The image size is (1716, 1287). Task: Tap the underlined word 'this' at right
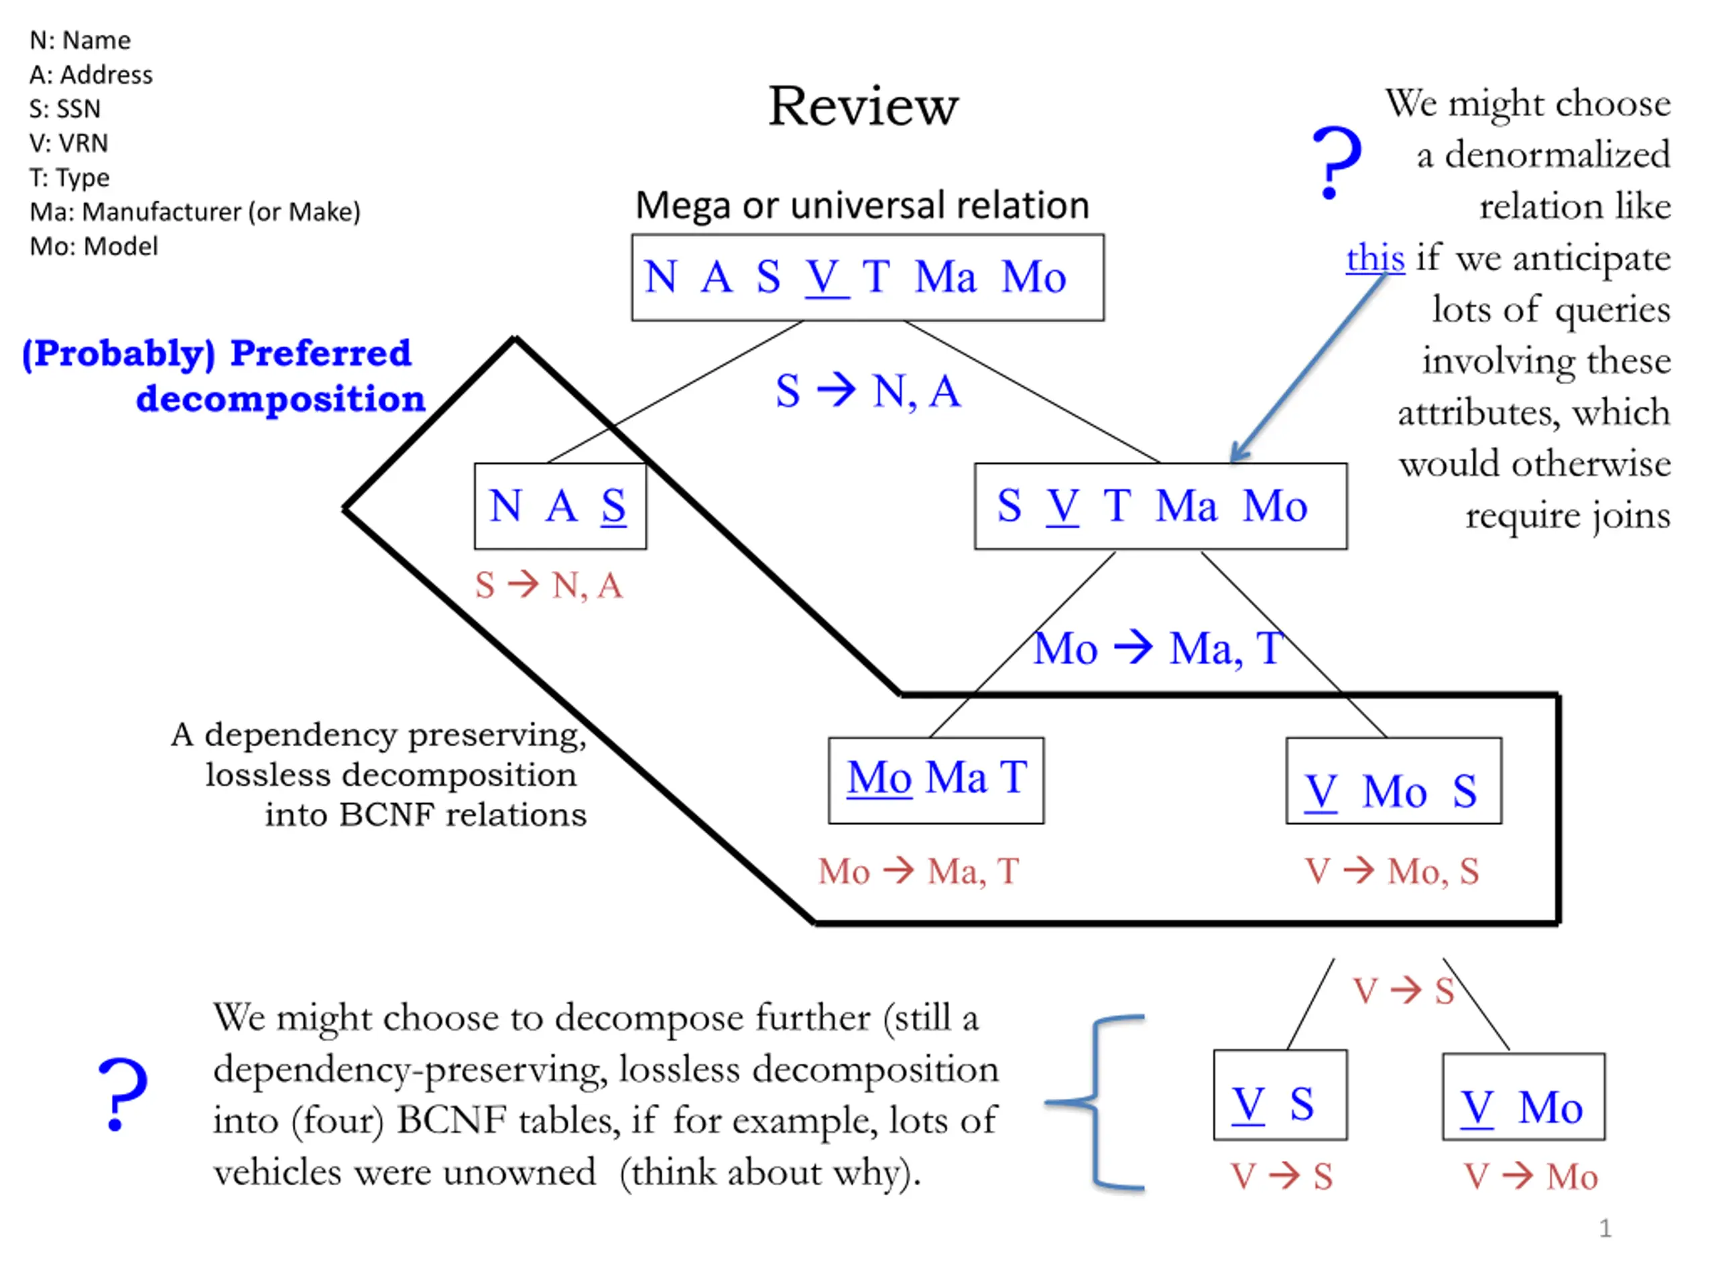(1375, 257)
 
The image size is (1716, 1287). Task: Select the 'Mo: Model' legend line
(94, 247)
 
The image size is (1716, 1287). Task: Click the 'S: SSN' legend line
(65, 109)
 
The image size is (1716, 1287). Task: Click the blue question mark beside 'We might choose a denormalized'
(1336, 162)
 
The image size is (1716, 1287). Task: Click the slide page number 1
(1606, 1229)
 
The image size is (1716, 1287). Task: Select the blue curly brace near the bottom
(1095, 1101)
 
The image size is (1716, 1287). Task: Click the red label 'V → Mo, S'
(1392, 871)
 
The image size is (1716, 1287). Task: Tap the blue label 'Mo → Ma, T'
(1159, 649)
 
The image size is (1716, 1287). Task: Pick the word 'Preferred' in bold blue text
(321, 353)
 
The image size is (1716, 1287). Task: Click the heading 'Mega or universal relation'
(863, 206)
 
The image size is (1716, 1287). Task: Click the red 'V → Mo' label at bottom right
(1530, 1177)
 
